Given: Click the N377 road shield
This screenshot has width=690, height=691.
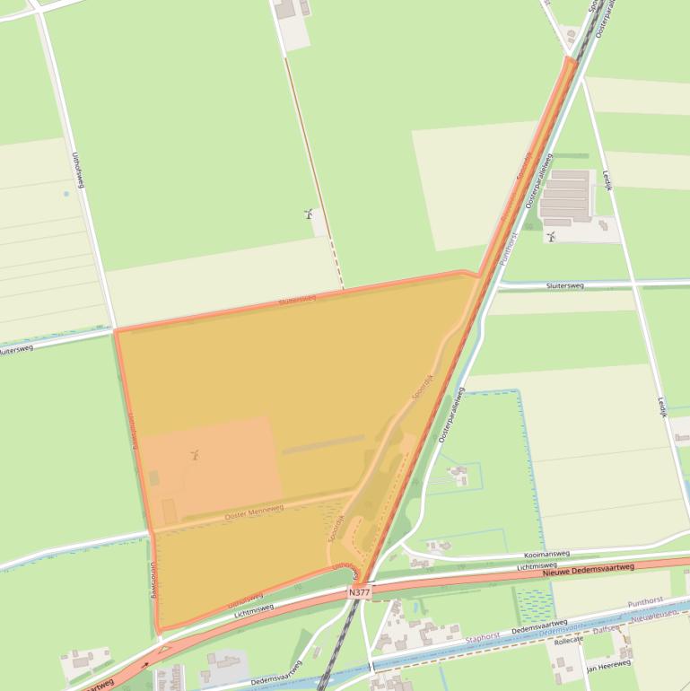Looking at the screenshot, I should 360,594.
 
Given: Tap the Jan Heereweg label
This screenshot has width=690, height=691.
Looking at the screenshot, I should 608,667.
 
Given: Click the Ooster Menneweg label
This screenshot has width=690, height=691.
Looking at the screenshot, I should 254,512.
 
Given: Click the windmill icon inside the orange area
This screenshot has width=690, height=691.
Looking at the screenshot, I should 193,455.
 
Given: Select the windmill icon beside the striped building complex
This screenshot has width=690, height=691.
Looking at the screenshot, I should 551,237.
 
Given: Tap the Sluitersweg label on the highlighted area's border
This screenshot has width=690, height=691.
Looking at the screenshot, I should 296,300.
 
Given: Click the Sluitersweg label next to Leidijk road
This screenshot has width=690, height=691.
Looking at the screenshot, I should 564,285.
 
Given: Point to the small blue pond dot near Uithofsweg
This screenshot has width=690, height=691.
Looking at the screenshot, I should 66,194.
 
